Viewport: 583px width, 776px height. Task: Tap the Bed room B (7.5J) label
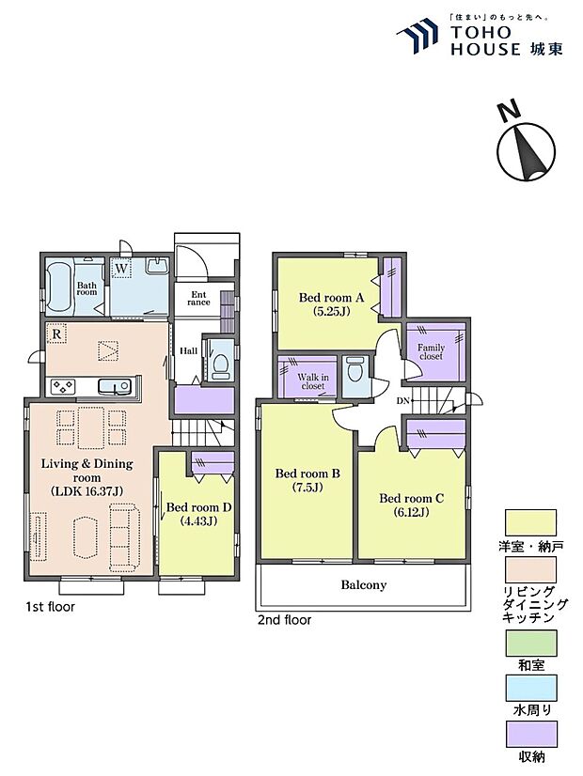307,480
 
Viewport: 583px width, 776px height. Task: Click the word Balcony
364,585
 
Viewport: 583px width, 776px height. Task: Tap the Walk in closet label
313,381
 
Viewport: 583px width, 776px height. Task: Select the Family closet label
431,351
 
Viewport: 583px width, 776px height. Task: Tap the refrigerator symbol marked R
56,334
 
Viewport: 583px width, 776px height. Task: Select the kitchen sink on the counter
115,385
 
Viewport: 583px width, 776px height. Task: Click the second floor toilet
355,369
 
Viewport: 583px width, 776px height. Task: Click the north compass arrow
526,152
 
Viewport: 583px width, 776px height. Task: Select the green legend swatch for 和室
531,644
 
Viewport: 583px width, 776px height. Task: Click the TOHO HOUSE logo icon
418,35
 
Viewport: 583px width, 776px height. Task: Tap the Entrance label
198,299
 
